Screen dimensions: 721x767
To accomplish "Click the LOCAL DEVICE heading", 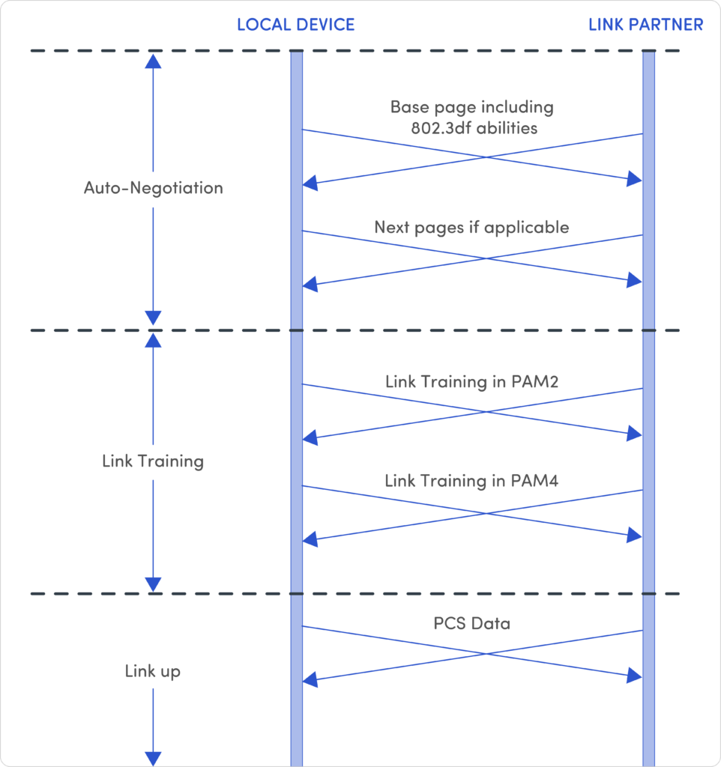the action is (295, 25).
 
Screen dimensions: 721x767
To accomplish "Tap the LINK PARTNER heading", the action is (645, 25).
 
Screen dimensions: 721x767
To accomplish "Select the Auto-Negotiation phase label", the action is (153, 188).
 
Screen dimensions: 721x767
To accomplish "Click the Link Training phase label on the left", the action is (153, 461).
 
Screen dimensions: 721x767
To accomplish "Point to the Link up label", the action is (153, 671).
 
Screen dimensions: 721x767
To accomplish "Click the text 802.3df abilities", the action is (474, 128).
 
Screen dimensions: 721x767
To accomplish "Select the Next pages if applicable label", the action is (471, 228).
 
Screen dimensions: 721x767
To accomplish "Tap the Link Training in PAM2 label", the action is (471, 381).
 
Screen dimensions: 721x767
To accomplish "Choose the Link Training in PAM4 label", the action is (471, 481).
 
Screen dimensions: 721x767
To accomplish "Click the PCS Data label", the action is (472, 624).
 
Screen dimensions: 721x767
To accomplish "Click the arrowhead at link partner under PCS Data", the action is (634, 676).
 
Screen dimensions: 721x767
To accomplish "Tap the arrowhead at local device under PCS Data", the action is (310, 679).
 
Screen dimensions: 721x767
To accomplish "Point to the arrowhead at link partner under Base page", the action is (634, 179).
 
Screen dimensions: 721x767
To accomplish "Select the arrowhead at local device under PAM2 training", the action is (310, 437).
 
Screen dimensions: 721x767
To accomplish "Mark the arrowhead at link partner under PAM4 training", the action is (634, 535).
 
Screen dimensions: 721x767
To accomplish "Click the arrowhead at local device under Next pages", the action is (310, 284).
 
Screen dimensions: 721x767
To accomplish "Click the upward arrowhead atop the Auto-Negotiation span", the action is (153, 61).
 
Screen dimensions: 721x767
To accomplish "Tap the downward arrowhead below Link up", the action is (153, 759).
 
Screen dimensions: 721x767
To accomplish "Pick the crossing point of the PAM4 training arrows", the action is (486, 513).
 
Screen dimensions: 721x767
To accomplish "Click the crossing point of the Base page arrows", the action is (486, 157).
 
